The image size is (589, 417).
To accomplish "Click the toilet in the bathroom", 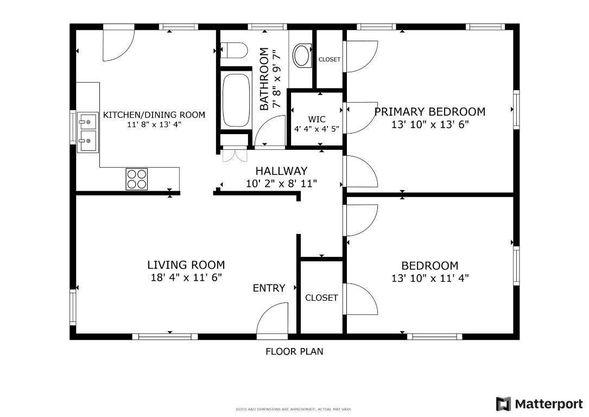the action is click(x=233, y=50).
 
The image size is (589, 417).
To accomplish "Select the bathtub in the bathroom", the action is click(x=236, y=100).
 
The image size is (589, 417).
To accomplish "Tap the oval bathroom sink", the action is click(x=302, y=55).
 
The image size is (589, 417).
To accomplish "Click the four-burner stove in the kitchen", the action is click(x=137, y=179).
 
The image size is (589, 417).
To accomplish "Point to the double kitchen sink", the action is click(x=88, y=132).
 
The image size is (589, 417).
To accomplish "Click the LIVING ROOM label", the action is click(x=186, y=265).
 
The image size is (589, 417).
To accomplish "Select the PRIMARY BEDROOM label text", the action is click(x=430, y=111).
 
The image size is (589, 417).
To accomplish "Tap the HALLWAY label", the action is click(x=281, y=171).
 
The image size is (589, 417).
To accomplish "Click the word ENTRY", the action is click(x=269, y=288).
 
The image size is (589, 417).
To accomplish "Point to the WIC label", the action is click(x=316, y=119).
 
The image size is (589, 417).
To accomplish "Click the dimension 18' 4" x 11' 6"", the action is click(x=186, y=277).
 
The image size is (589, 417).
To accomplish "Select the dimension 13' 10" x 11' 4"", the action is click(x=430, y=279).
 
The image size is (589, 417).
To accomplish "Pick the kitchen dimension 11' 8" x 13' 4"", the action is click(x=154, y=125).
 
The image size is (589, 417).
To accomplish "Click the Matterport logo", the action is click(x=540, y=404).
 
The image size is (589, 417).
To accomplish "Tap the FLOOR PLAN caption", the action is click(x=294, y=352).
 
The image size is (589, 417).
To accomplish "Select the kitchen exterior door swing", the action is click(x=119, y=45).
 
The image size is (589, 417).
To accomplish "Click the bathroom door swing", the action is click(x=270, y=130).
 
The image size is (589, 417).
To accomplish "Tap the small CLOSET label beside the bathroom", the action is click(x=330, y=59).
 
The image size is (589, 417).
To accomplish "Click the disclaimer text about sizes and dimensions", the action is click(x=294, y=409).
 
